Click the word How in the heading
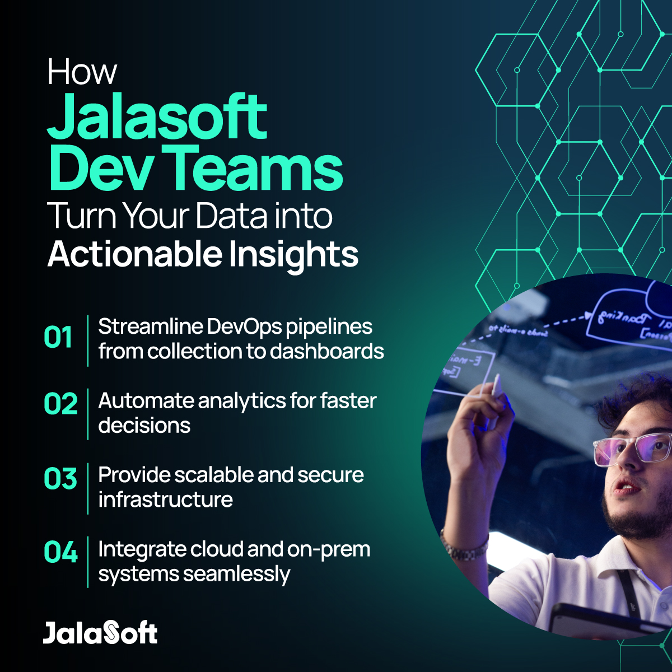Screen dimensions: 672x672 coord(82,72)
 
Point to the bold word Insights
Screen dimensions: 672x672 coord(292,255)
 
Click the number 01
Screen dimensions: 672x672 coord(58,338)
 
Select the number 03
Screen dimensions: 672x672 coord(60,479)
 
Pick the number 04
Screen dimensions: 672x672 coord(60,553)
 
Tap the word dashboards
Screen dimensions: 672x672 coord(326,351)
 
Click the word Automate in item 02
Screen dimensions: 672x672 coord(146,401)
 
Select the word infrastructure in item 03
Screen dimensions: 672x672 coord(165,500)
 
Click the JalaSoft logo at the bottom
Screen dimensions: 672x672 coord(100,633)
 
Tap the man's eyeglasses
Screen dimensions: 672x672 coord(630,447)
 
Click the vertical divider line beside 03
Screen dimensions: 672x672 coord(88,488)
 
